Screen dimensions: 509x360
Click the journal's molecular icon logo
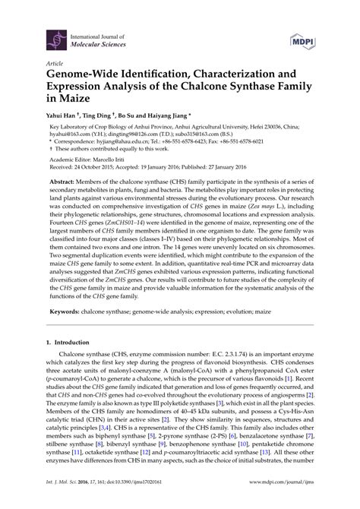point(54,36)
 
